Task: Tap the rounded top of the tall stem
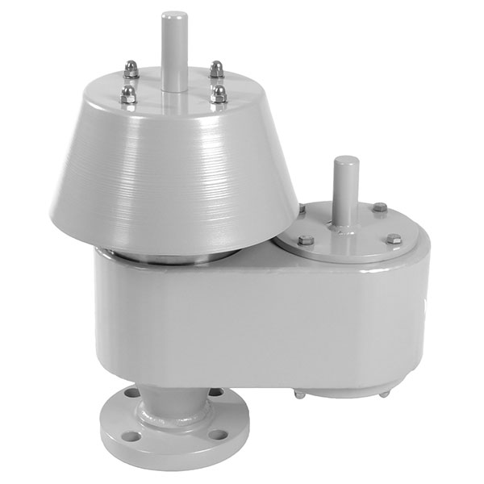coord(173,16)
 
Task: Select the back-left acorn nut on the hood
coord(131,70)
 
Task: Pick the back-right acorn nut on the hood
coord(216,69)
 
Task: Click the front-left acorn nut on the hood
coord(127,94)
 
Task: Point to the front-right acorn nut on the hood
coord(219,94)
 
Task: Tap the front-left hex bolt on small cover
coord(306,240)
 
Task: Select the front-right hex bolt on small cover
coord(393,239)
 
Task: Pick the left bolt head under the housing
coord(300,394)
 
